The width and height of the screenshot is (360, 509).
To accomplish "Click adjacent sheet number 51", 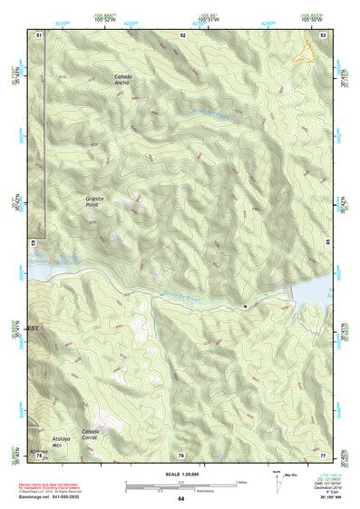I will [x=39, y=34].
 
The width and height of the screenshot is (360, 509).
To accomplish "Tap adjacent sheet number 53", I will [x=323, y=34].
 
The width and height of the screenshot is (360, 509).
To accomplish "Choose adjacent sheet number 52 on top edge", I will [x=182, y=34].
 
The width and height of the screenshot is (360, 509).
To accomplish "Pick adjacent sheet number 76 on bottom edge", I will [x=180, y=455].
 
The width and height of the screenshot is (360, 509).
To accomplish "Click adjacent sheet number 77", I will [x=323, y=455].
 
